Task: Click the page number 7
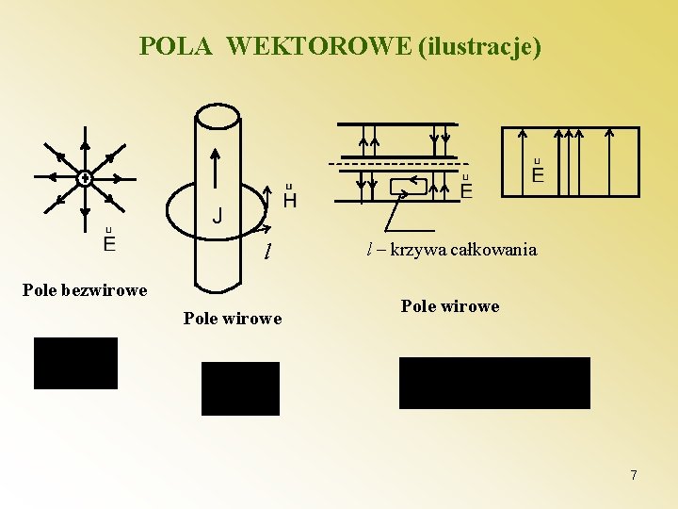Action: (634, 475)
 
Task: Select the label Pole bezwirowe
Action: (85, 289)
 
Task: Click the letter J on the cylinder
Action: (218, 217)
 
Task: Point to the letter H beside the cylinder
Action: (289, 200)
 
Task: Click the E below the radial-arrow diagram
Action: (109, 244)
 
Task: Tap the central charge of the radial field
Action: (84, 177)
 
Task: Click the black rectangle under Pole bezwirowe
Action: (75, 363)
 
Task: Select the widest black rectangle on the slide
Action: (494, 383)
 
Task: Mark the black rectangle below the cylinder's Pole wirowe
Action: (240, 388)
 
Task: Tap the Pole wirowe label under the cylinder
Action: (233, 318)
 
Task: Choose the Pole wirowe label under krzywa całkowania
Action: (450, 305)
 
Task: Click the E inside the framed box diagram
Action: (538, 174)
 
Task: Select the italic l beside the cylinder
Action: (268, 252)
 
